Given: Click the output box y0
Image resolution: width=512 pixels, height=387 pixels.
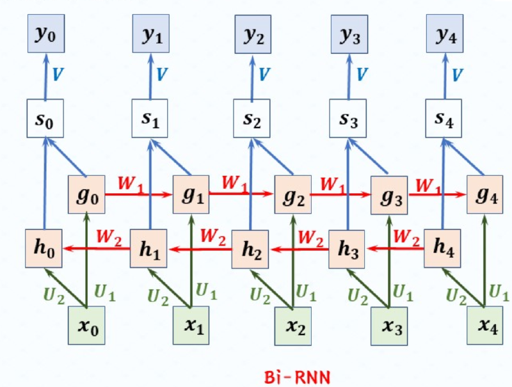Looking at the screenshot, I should point(45,36).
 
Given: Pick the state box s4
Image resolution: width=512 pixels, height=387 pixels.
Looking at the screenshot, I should point(445,119).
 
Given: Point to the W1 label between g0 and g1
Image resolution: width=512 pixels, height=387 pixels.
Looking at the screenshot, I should point(130,182).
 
